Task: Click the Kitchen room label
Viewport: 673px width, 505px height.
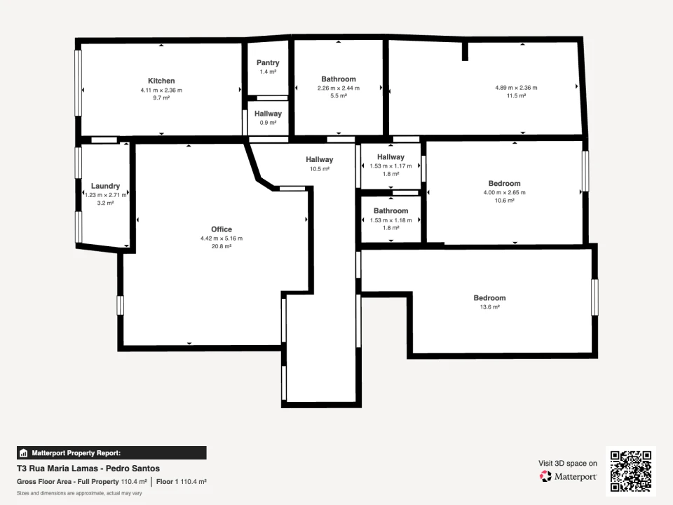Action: (x=161, y=81)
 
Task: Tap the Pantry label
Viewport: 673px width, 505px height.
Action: (x=268, y=62)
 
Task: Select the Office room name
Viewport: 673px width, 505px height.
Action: (x=222, y=229)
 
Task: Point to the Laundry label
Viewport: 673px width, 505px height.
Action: (x=105, y=186)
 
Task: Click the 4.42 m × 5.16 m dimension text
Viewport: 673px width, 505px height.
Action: (x=222, y=238)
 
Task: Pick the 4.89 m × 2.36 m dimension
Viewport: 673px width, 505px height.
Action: (x=516, y=88)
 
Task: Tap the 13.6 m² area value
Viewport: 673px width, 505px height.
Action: (x=489, y=307)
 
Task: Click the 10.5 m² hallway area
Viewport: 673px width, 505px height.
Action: (x=319, y=169)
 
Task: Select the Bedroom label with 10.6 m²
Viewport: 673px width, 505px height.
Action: (x=504, y=183)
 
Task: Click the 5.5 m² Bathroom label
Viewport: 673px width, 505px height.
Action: (x=339, y=79)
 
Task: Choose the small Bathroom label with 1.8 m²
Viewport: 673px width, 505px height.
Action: (x=390, y=211)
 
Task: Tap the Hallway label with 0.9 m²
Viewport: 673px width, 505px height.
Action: (x=268, y=114)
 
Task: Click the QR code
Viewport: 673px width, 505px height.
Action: (x=631, y=471)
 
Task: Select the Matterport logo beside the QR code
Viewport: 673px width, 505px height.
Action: (x=569, y=476)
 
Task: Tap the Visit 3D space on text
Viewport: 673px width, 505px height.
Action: (x=568, y=463)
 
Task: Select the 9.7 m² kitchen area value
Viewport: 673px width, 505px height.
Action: (x=161, y=98)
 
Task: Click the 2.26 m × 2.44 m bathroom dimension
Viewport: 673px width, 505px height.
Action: (x=339, y=88)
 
